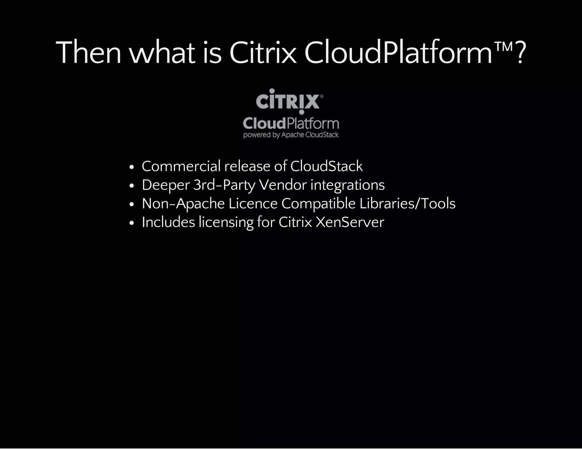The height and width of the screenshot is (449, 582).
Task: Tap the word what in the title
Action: (x=162, y=53)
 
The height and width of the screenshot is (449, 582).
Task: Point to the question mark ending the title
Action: (x=520, y=53)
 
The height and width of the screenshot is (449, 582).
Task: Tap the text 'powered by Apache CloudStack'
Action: (x=291, y=135)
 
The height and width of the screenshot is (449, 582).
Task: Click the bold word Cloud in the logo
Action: (x=264, y=123)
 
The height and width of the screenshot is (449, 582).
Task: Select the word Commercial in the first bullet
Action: (x=181, y=166)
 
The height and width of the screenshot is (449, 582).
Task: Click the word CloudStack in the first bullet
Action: (x=326, y=166)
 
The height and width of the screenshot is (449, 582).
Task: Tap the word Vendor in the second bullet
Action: (x=283, y=185)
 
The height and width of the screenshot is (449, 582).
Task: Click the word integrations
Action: (x=348, y=185)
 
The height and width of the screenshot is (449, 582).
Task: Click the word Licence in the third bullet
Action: (x=253, y=203)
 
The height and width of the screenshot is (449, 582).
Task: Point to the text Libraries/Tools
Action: (x=407, y=203)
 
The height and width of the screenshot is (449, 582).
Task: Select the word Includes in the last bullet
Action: (x=168, y=222)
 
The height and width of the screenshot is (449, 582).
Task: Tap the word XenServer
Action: (x=350, y=222)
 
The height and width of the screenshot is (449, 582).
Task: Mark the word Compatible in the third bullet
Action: (x=318, y=204)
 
